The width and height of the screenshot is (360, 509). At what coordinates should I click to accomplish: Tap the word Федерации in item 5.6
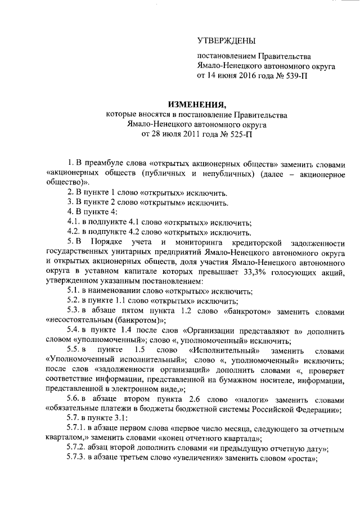pyautogui.click(x=312, y=409)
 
